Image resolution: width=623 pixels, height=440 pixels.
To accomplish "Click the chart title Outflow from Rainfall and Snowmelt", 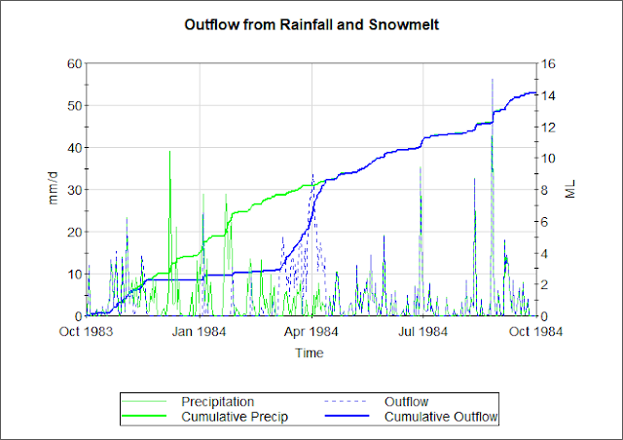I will pos(311,23).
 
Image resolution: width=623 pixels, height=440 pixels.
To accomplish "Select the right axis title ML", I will pos(570,189).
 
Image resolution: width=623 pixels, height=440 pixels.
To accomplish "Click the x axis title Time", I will pos(311,353).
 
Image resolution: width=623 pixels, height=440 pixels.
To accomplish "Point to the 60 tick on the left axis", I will pos(73,63).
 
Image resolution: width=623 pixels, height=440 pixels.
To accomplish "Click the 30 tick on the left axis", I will pos(73,190).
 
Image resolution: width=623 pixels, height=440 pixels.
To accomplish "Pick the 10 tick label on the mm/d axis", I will pos(73,275).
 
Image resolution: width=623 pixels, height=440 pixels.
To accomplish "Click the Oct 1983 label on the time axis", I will pos(88,332).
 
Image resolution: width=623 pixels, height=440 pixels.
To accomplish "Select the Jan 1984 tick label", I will pos(201,332).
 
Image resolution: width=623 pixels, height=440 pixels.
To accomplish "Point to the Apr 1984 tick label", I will pos(311,332).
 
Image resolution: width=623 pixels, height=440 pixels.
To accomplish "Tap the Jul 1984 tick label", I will pos(422,332).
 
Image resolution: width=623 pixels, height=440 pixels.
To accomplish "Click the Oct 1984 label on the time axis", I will pos(535,332).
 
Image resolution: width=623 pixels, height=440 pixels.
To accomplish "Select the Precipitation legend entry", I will pos(217,401).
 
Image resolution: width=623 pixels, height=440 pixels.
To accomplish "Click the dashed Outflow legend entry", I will pos(406,401).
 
